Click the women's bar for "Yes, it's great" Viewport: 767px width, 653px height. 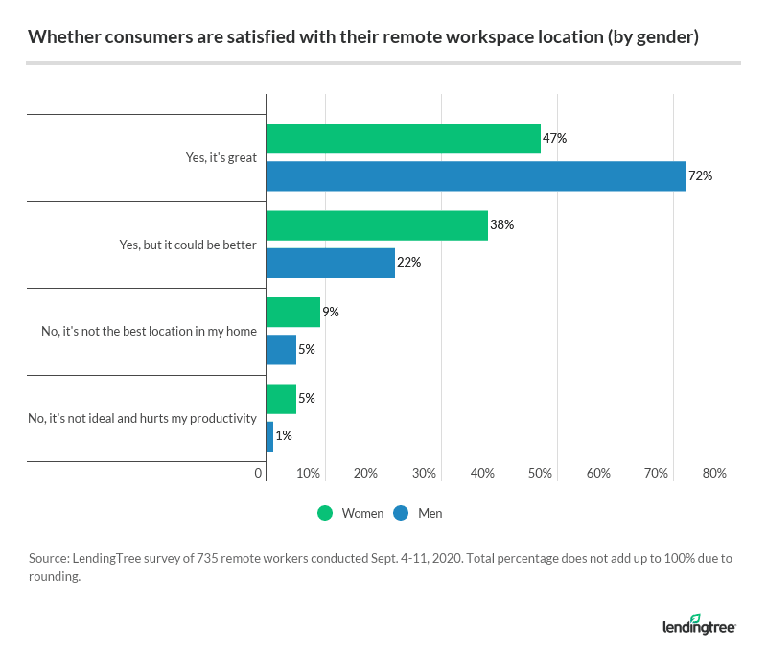click(403, 139)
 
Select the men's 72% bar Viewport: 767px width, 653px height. click(476, 176)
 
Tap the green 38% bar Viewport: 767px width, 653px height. click(377, 225)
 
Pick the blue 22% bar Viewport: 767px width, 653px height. click(330, 263)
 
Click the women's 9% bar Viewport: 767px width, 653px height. click(292, 313)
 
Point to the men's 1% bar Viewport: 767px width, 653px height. click(269, 436)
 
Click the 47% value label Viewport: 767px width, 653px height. click(555, 139)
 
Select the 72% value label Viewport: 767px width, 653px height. click(701, 176)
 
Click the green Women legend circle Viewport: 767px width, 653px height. click(326, 514)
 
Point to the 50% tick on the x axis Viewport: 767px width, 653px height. click(540, 474)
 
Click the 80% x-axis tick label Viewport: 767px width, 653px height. click(714, 474)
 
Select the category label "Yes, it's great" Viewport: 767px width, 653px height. click(221, 158)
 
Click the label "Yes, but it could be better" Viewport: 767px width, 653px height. click(188, 245)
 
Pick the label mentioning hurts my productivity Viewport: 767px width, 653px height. click(143, 418)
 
